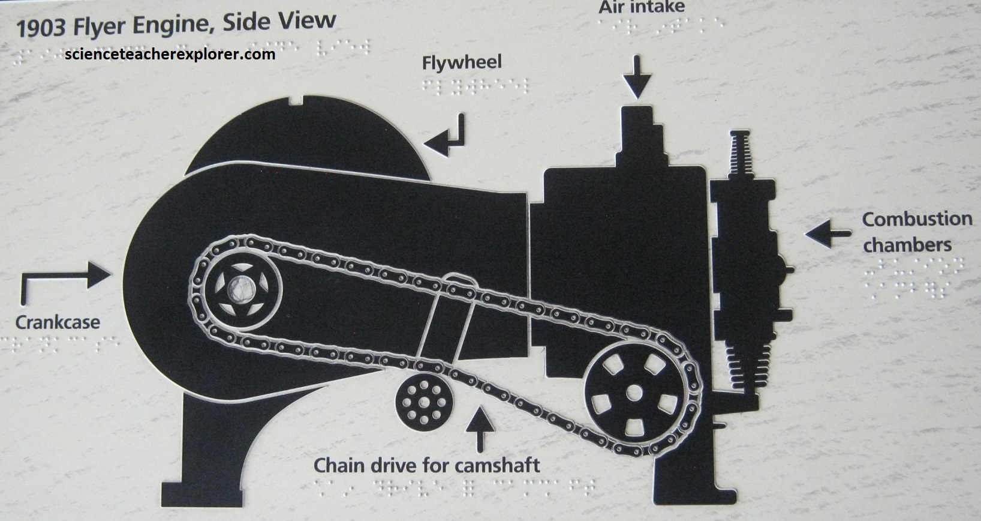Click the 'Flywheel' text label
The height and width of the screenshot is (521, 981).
461,62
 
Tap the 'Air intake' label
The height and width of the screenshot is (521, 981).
641,8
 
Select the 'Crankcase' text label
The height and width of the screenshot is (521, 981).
58,322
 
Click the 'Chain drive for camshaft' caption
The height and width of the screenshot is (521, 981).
427,465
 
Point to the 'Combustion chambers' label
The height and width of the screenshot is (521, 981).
916,232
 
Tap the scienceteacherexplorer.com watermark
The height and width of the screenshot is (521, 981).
170,54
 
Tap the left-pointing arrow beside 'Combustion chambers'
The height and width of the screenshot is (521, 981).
827,233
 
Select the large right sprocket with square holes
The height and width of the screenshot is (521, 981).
633,393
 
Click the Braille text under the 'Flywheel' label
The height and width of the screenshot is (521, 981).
462,86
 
